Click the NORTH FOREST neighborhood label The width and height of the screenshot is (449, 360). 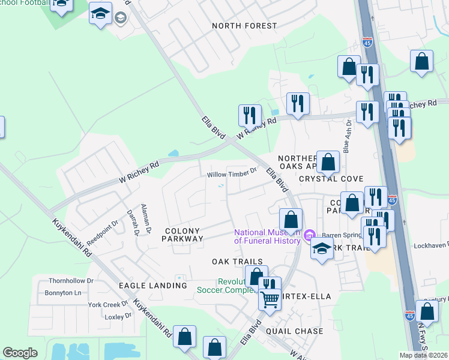pyautogui.click(x=244, y=26)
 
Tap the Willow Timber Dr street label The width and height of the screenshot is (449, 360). pyautogui.click(x=232, y=175)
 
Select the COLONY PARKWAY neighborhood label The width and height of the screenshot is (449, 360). pyautogui.click(x=183, y=234)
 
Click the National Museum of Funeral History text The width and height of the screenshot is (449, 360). pyautogui.click(x=267, y=236)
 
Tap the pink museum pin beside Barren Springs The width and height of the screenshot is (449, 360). pyautogui.click(x=310, y=234)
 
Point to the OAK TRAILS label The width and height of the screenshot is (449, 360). pyautogui.click(x=238, y=262)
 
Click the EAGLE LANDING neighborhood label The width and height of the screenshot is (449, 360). pyautogui.click(x=152, y=286)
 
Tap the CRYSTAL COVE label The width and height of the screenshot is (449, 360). pyautogui.click(x=331, y=179)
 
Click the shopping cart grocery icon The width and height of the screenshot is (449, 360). pyautogui.click(x=270, y=298)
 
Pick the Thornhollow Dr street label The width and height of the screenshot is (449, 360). pyautogui.click(x=72, y=280)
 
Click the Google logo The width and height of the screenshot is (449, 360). pyautogui.click(x=20, y=353)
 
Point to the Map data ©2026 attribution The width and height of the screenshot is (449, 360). pyautogui.click(x=423, y=355)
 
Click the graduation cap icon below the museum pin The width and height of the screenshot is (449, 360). pyautogui.click(x=322, y=249)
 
